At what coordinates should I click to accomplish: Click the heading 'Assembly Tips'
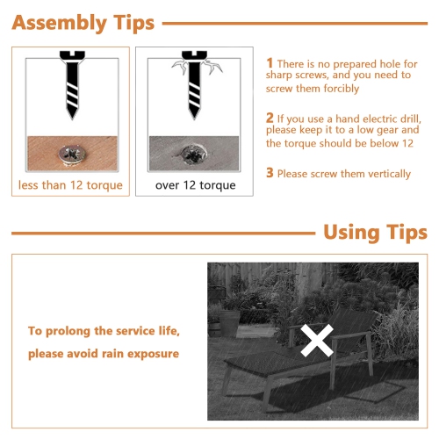(x=83, y=23)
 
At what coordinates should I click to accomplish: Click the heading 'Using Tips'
(x=376, y=233)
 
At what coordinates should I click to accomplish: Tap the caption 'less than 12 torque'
(x=70, y=185)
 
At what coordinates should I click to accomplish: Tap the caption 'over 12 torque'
(x=196, y=185)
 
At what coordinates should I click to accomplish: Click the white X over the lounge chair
(x=317, y=341)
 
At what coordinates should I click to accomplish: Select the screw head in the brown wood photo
(x=72, y=155)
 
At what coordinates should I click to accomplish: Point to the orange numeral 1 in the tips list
(x=270, y=63)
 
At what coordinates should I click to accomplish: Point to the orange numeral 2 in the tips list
(x=270, y=118)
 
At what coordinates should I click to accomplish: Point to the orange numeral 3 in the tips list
(x=270, y=173)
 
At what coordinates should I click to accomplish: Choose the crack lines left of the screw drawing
(x=179, y=66)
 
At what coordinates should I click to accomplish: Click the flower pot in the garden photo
(x=229, y=323)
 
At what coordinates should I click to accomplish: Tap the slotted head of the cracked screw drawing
(x=194, y=54)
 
